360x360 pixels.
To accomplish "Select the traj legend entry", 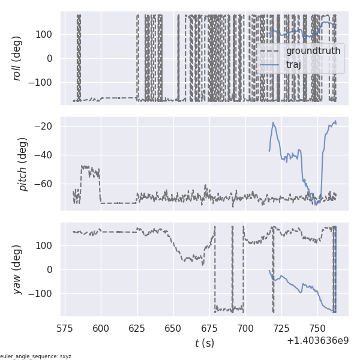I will pyautogui.click(x=293, y=64).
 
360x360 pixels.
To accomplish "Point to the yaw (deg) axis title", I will pyautogui.click(x=17, y=269).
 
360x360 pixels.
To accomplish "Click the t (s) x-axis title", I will pyautogui.click(x=205, y=343).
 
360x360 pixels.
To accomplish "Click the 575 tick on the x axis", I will pyautogui.click(x=65, y=328).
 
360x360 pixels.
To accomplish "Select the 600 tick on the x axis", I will pyautogui.click(x=101, y=328).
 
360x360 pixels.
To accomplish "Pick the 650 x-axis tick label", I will pyautogui.click(x=173, y=328).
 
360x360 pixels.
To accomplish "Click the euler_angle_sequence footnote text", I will pyautogui.click(x=36, y=356).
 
